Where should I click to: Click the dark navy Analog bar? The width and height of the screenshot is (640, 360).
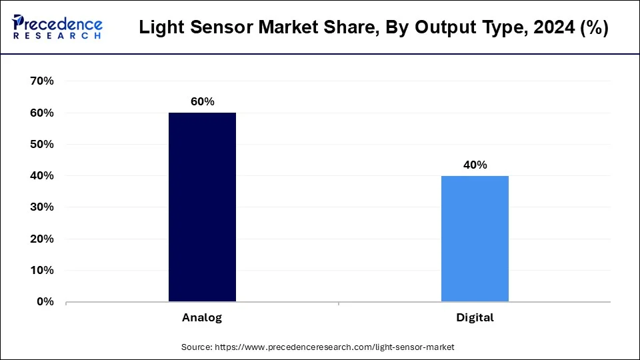tap(202, 207)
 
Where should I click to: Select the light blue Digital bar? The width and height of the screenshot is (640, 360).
tap(475, 239)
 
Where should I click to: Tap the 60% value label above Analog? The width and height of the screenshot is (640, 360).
tap(202, 101)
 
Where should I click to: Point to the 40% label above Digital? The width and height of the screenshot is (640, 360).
tap(475, 165)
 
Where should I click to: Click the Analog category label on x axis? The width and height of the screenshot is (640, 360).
tap(202, 317)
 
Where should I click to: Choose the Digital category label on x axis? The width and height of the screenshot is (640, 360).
tap(475, 317)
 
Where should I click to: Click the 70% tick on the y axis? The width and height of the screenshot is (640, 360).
tap(42, 81)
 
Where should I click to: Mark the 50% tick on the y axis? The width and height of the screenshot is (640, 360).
tap(42, 145)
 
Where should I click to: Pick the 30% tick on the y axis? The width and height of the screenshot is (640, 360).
tap(42, 207)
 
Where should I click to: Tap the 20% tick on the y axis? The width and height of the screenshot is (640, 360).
tap(42, 239)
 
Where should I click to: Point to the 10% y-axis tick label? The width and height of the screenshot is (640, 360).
tap(42, 270)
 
